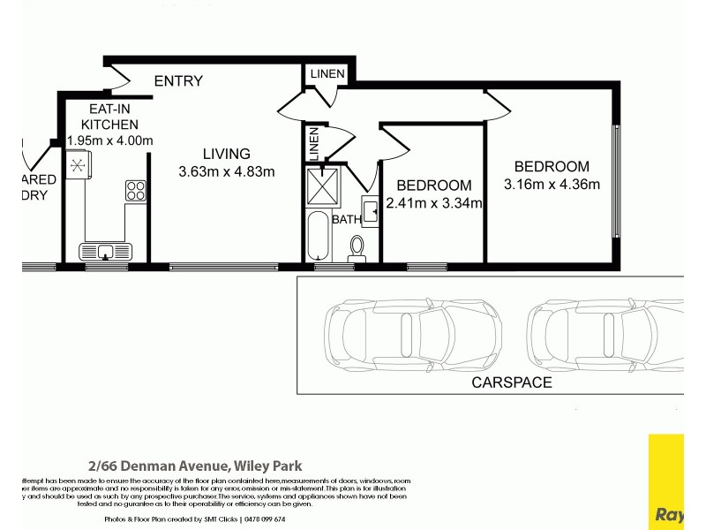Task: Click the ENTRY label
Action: pos(178,81)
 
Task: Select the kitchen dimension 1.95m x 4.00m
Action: pos(110,140)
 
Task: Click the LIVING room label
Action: pos(226,154)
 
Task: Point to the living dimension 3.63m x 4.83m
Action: pos(227,171)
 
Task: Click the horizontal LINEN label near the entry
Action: pos(327,73)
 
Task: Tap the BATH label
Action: pos(346,219)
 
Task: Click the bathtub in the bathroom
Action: pos(318,237)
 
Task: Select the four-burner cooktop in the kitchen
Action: pos(135,191)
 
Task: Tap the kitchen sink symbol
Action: pos(105,251)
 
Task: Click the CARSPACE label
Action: pos(512,382)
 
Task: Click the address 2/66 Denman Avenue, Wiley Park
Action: pos(195,466)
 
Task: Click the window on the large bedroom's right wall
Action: pos(617,181)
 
